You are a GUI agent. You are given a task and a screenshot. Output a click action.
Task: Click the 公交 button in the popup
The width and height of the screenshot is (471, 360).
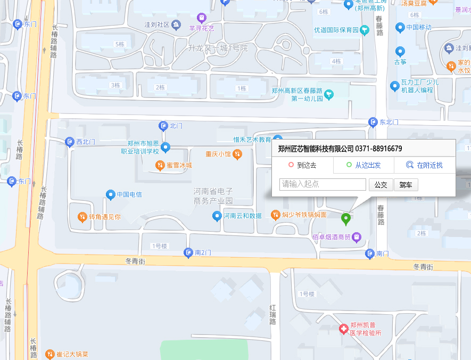click(381, 185)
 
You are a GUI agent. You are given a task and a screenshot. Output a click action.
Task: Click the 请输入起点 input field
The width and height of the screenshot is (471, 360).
click(323, 184)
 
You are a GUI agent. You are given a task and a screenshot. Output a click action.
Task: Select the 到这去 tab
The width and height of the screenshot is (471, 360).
click(303, 165)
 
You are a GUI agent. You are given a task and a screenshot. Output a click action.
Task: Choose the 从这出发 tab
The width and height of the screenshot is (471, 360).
click(363, 165)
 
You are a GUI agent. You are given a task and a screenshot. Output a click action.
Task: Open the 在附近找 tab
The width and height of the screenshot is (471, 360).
click(425, 165)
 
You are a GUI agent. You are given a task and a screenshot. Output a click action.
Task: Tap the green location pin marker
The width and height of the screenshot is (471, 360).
click(346, 218)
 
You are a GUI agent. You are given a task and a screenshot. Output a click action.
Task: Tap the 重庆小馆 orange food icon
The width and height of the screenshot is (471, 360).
click(237, 154)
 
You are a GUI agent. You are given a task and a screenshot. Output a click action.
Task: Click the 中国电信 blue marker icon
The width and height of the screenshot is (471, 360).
click(111, 194)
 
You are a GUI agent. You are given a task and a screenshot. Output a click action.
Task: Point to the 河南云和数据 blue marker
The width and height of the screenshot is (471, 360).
click(217, 216)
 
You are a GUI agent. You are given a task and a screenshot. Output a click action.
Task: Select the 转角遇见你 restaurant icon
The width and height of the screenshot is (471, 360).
click(82, 217)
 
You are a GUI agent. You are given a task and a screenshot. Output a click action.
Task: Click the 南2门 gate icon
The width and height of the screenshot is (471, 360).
click(188, 252)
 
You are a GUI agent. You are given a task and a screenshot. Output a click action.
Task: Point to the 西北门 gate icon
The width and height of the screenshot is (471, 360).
click(70, 142)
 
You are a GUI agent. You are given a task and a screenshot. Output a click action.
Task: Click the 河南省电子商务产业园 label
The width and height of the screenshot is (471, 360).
click(213, 196)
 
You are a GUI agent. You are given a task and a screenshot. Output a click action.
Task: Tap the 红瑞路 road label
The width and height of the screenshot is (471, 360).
click(272, 314)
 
